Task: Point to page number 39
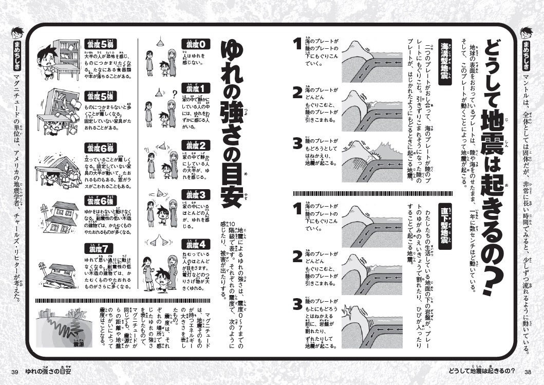coord(15,372)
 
